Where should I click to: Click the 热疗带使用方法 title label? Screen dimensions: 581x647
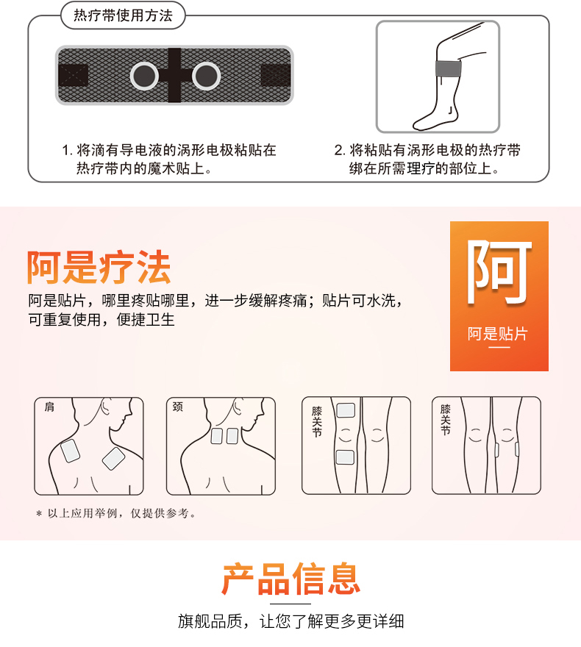[123, 15]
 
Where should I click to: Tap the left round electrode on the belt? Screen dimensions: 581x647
[144, 76]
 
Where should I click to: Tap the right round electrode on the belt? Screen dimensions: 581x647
[207, 76]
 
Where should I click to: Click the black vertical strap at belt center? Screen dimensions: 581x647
[174, 75]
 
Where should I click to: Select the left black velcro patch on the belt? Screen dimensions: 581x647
[74, 76]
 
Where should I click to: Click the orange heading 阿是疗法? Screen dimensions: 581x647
[99, 267]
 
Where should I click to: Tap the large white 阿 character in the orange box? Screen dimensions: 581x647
[499, 272]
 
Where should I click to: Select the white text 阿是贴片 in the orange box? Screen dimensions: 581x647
[498, 333]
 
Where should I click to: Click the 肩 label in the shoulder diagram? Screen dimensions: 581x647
[49, 407]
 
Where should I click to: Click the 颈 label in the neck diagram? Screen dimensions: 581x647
[178, 407]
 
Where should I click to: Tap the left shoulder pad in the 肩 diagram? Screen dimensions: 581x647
[70, 451]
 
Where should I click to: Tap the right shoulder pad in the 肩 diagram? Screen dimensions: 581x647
[113, 459]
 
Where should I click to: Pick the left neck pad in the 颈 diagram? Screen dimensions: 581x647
[217, 436]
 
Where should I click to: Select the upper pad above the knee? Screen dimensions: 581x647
[346, 410]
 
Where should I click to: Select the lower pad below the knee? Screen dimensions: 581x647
[345, 457]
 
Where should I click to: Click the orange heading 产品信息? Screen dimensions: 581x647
[291, 579]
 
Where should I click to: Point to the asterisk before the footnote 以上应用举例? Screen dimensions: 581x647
[39, 514]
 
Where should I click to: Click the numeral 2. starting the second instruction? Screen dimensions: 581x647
[340, 150]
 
